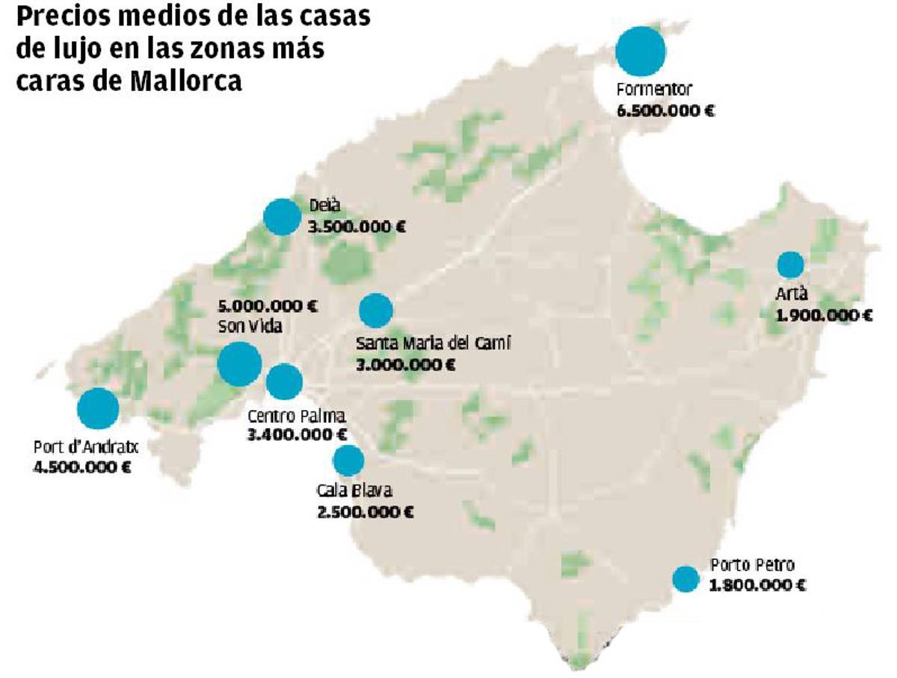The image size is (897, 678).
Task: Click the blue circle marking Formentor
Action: [x=641, y=50]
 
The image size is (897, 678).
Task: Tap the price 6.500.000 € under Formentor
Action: [x=665, y=111]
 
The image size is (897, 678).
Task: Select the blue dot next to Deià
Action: [x=282, y=217]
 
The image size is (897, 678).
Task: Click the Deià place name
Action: [x=323, y=207]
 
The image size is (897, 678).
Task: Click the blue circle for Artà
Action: [x=790, y=264]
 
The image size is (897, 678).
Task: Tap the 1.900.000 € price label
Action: [x=824, y=315]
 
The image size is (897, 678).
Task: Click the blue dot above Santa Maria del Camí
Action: [x=376, y=311]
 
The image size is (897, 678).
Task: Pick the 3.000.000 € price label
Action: [x=406, y=365]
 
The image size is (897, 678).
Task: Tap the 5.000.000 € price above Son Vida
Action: [x=267, y=306]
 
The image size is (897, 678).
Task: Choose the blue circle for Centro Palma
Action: [x=284, y=382]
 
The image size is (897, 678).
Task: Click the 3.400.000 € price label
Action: [x=297, y=434]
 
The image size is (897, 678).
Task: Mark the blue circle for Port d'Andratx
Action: [x=98, y=408]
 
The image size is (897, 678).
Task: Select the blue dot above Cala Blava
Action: [x=348, y=461]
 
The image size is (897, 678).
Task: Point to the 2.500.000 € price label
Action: [x=366, y=511]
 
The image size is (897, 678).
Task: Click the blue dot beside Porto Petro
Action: [x=685, y=578]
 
